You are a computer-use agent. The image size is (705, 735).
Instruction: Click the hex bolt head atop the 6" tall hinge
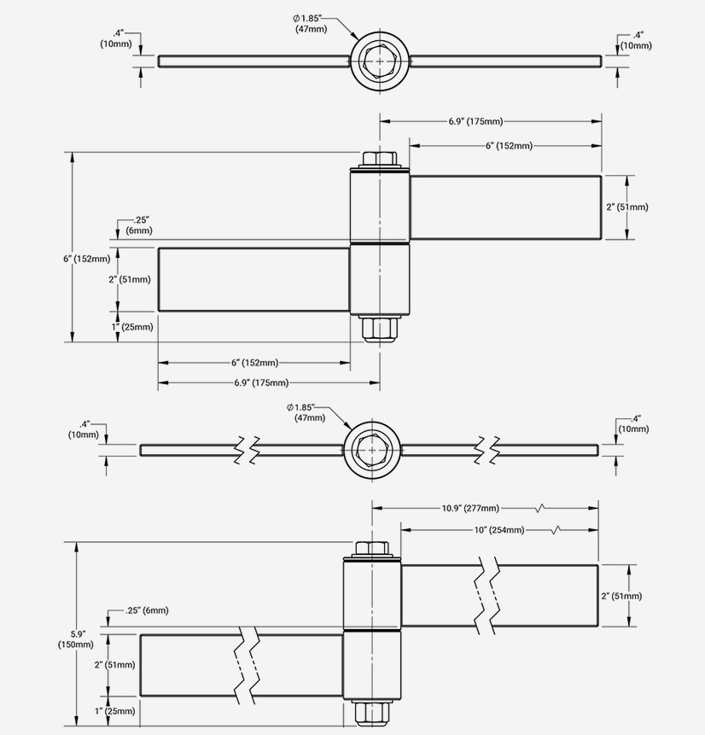coord(379,160)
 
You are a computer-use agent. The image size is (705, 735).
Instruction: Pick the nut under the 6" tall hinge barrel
coord(379,329)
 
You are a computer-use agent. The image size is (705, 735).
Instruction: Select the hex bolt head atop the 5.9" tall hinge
coord(370,549)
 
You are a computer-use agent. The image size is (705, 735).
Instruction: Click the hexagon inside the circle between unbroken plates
coord(379,61)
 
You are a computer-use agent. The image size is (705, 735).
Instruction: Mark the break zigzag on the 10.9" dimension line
coord(539,508)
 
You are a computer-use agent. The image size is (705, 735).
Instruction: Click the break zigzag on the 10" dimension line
coord(556,530)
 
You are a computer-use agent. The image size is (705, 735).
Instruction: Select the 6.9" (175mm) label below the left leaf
coord(261,382)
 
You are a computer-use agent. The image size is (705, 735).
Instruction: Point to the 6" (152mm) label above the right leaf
coord(509,146)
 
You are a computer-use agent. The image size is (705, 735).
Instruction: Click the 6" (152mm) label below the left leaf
coord(254,363)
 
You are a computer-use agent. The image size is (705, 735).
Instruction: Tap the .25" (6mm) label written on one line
coord(146,610)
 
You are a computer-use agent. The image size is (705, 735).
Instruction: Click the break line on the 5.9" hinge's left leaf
coord(247,666)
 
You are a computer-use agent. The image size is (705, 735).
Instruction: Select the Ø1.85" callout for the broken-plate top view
coord(300,411)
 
